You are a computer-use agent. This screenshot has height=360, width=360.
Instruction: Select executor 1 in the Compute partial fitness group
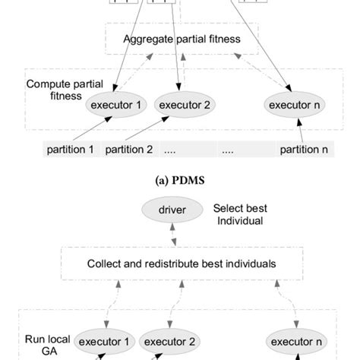(115, 105)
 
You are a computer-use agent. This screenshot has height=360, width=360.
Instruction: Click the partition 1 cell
(69, 150)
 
